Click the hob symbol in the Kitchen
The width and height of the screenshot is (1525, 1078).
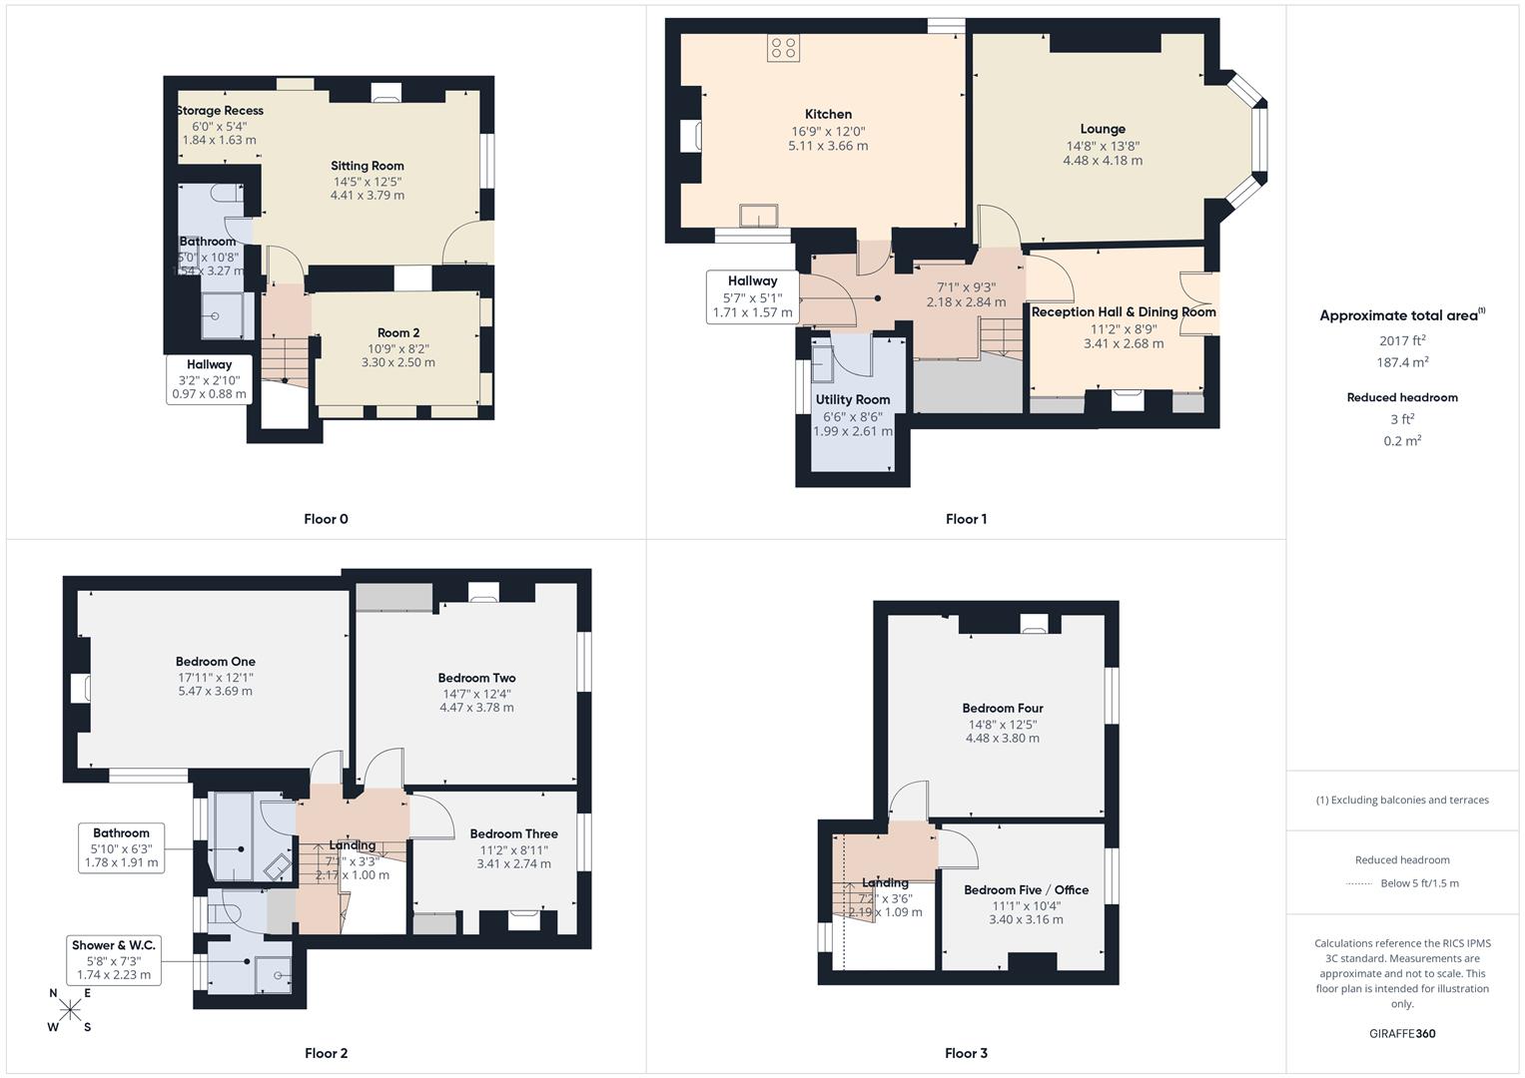(x=783, y=48)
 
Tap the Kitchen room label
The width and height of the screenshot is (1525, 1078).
(x=828, y=114)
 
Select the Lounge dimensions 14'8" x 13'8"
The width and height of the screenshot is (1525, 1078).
(x=1103, y=146)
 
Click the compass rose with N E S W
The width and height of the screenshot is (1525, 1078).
(x=69, y=1009)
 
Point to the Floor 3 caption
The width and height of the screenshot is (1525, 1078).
(x=966, y=1053)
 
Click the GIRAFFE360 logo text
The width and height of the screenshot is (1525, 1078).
(x=1402, y=1033)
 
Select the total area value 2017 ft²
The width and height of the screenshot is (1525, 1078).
(x=1402, y=340)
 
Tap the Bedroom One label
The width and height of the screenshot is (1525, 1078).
(x=216, y=661)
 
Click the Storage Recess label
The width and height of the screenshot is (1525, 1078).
(x=220, y=111)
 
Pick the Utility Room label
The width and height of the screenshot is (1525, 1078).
(x=852, y=399)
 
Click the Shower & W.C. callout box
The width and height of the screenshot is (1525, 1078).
(x=114, y=959)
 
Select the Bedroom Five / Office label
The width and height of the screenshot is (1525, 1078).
(x=1026, y=889)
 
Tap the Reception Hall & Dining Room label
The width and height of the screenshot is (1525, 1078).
(x=1124, y=311)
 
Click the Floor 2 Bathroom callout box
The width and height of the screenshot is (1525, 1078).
(x=121, y=847)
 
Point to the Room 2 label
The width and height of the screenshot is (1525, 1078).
(x=398, y=332)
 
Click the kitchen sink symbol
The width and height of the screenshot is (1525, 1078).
(x=759, y=216)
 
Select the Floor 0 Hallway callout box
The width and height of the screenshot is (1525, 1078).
(x=209, y=379)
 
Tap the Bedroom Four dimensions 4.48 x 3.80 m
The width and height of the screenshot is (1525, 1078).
(x=1003, y=739)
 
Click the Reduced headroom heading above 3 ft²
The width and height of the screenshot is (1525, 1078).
(x=1402, y=397)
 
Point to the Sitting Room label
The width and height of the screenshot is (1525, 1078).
(x=368, y=166)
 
